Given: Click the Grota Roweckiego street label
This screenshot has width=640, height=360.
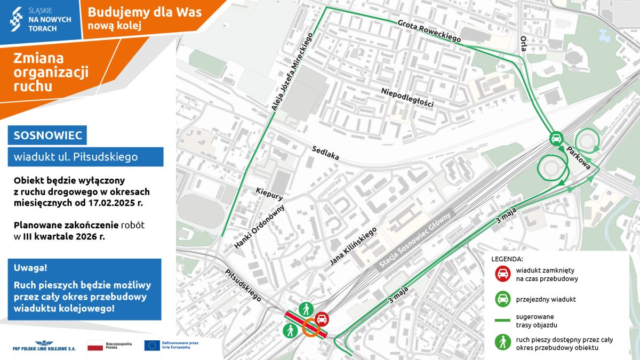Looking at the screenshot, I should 429,31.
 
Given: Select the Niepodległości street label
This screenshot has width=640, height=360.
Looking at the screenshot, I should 407,98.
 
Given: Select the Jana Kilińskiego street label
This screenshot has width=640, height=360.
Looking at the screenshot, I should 353,246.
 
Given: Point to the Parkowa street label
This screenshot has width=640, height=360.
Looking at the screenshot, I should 578,158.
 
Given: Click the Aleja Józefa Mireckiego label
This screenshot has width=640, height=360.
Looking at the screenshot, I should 291,72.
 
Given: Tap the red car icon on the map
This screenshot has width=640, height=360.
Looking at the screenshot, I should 322,319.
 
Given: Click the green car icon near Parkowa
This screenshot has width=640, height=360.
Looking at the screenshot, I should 556,139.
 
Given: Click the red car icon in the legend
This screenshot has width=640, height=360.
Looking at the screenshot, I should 502,274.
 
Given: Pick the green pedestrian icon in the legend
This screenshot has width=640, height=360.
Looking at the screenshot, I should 502,343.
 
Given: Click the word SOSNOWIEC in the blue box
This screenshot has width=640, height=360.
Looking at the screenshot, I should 47,135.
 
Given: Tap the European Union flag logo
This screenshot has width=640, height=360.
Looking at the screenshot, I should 152,345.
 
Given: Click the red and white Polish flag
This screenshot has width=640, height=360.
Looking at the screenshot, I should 94,345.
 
